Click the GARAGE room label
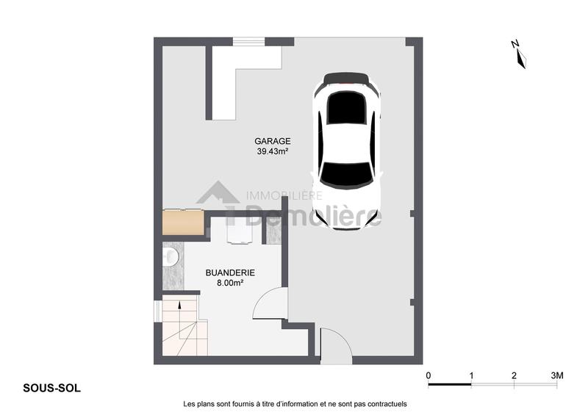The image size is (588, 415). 273,141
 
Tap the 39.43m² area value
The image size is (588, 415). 273,152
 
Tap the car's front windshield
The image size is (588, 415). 347,174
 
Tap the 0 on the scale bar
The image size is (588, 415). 429,375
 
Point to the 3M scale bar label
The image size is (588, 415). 556,375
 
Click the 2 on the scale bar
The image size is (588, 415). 514,375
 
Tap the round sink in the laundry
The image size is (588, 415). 171,257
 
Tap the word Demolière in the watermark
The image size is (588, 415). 312,216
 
